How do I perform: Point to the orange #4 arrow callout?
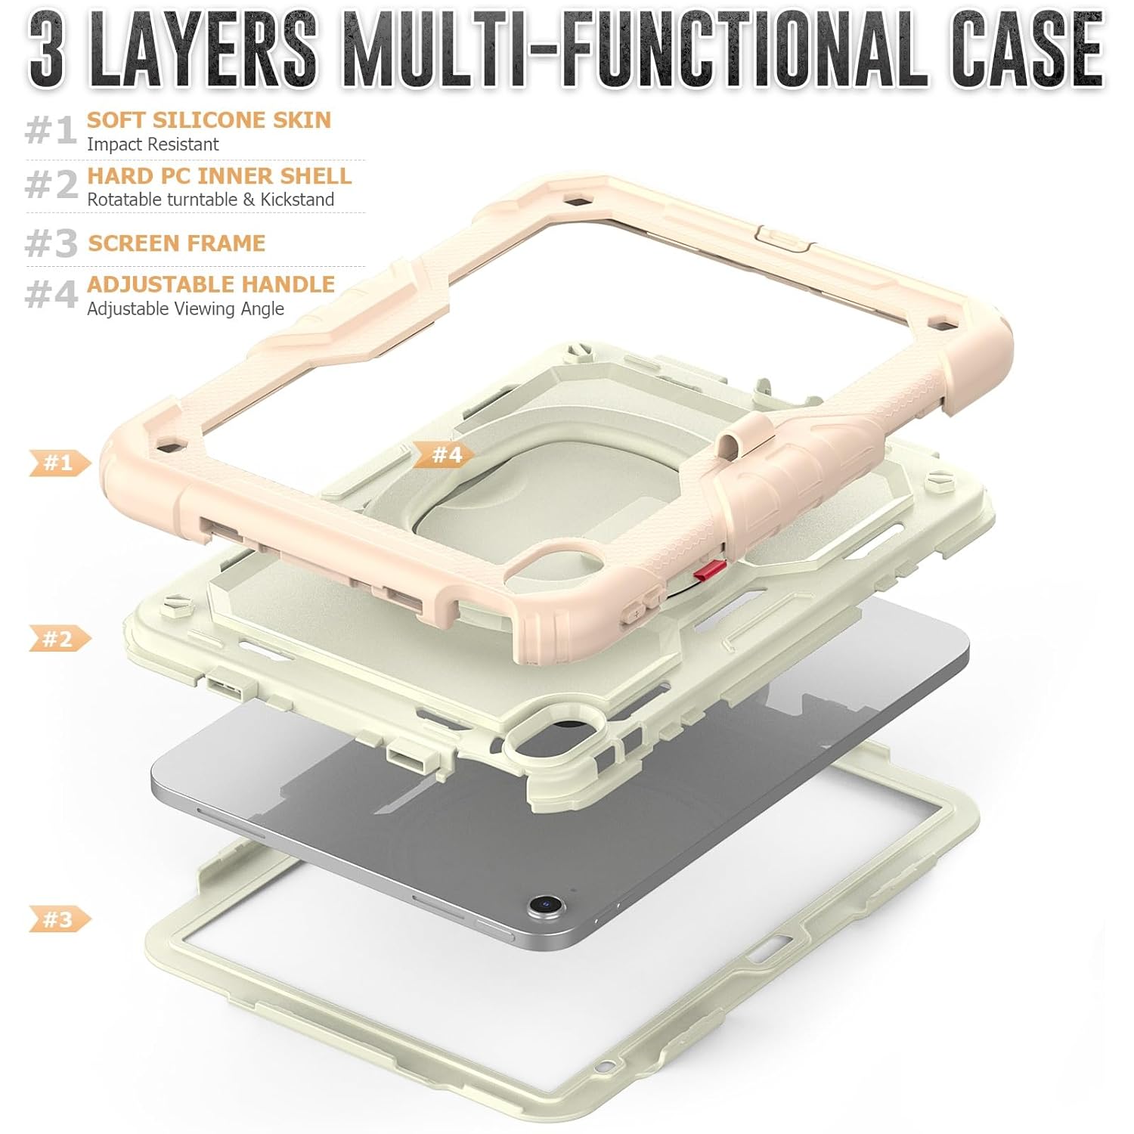point(446,454)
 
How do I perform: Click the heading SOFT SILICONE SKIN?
point(209,119)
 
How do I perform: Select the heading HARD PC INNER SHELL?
point(219,175)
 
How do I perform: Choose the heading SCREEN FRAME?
point(177,243)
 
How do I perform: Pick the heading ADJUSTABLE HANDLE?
point(211,284)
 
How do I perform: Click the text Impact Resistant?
point(153,144)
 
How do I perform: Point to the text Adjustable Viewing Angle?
point(185,308)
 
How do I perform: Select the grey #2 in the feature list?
point(51,184)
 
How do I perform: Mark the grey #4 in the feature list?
point(51,294)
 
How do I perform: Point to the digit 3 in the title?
point(47,53)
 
